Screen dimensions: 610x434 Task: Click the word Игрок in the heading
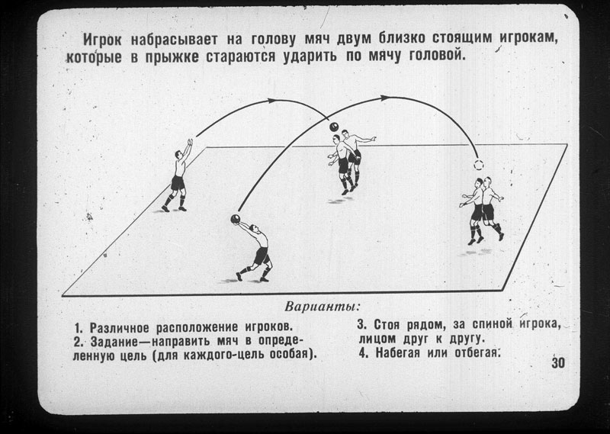(x=102, y=40)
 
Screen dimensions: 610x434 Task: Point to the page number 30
(x=558, y=363)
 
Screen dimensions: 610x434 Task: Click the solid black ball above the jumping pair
(x=334, y=127)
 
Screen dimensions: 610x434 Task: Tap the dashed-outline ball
(x=479, y=165)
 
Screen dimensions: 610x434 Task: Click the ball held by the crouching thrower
(x=236, y=219)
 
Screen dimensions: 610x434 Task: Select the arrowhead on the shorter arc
(x=271, y=101)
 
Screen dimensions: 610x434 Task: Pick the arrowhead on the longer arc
(x=384, y=98)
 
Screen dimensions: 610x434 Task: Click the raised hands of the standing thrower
(x=190, y=142)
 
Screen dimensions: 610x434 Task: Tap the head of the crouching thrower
(x=254, y=228)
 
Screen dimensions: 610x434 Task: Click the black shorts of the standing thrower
(x=178, y=182)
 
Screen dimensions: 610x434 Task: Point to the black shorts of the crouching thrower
(x=261, y=256)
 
